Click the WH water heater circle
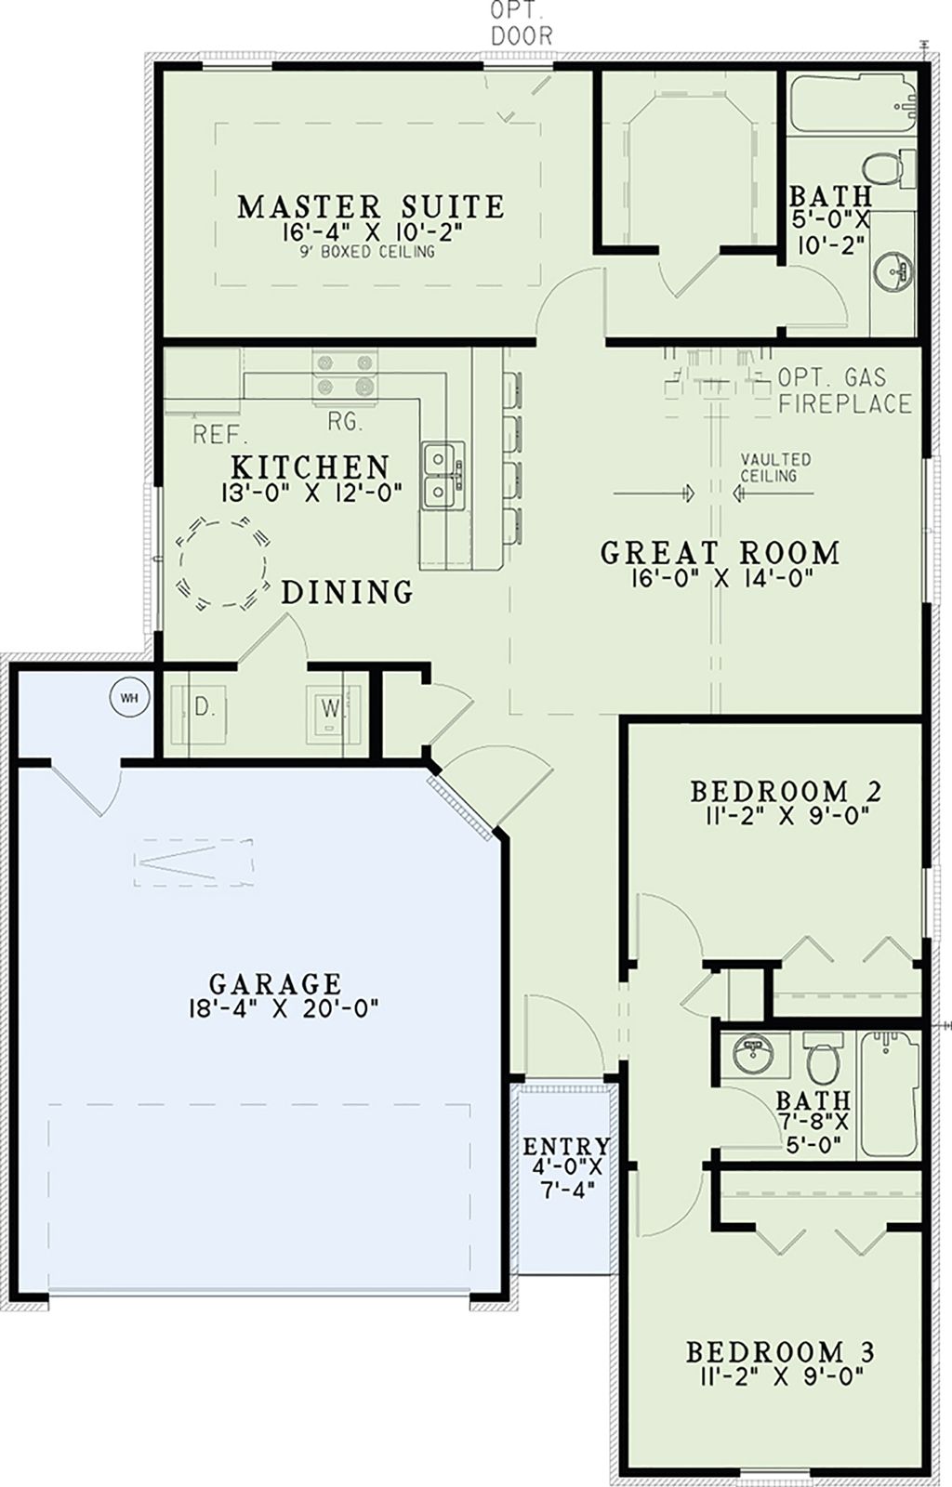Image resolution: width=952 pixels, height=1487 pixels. pos(130,698)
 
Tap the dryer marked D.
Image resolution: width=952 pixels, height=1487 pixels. pos(204,708)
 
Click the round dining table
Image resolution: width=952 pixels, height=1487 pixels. pos(223,564)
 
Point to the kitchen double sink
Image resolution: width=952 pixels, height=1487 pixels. pos(441,475)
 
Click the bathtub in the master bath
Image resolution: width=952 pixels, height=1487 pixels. pos(852,104)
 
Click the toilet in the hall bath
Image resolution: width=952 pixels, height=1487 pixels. pos(823,1059)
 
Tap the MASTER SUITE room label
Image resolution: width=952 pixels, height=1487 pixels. pos(371,206)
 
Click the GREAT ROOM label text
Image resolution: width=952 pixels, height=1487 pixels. pos(720,553)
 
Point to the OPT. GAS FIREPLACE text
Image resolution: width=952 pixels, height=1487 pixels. pos(844,390)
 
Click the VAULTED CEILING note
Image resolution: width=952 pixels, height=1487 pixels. pos(774,467)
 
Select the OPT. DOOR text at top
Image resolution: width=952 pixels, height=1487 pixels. pos(521,24)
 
